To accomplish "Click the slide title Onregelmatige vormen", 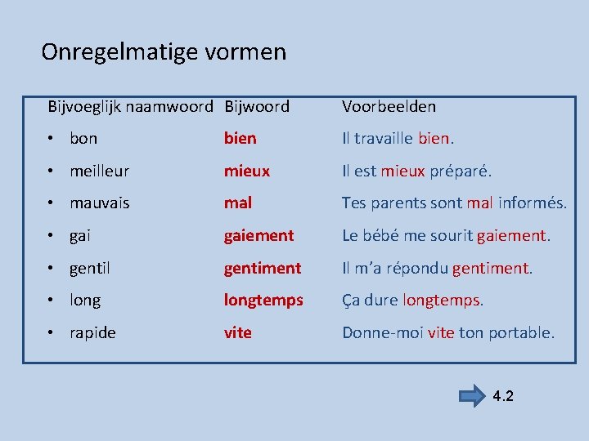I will click(164, 52).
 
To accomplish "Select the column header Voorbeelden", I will click(389, 106).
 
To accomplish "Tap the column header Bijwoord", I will click(257, 106).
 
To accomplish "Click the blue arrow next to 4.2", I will click(472, 397).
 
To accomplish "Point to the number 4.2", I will click(503, 397).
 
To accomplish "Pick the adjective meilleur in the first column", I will click(100, 171).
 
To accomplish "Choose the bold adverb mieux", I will click(247, 171).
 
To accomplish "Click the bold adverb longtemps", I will click(263, 301).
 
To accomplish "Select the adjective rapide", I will click(93, 332).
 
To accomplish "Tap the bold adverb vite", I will click(238, 332).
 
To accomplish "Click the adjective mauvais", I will click(100, 203).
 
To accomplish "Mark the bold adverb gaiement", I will click(259, 235).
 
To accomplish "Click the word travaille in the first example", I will click(384, 139).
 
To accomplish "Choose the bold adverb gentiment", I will click(263, 268).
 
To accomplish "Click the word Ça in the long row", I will click(351, 301).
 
